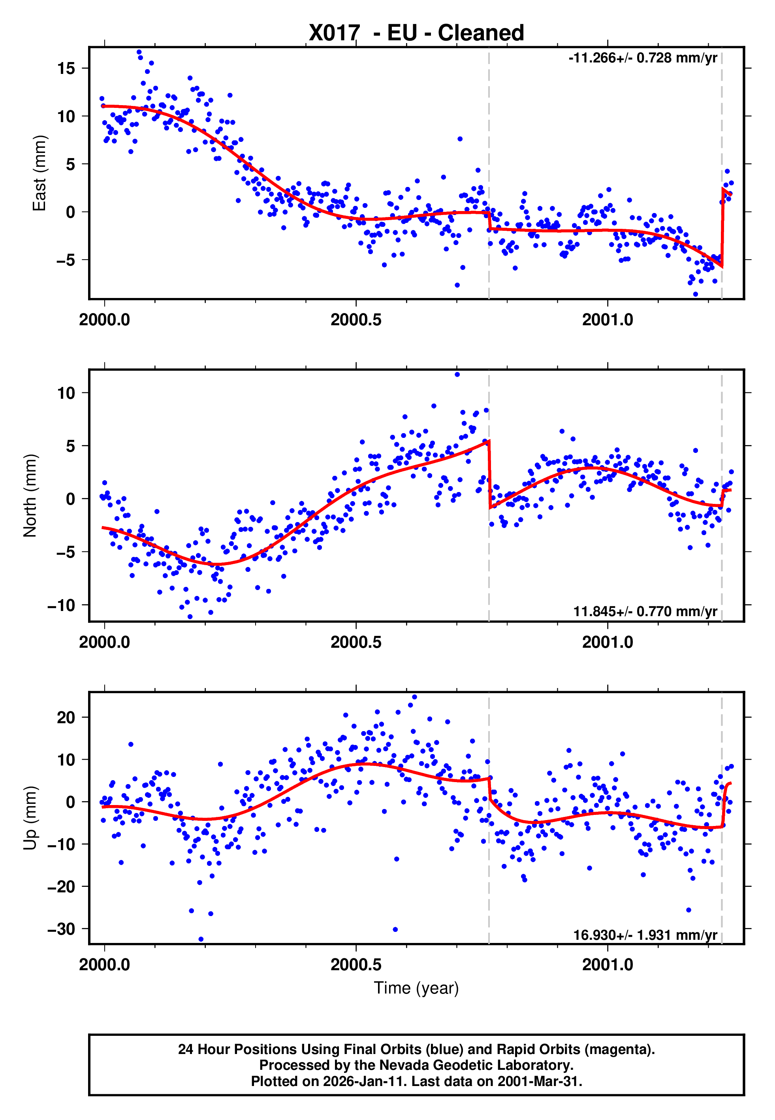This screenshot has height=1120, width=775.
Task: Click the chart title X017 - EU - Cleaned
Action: tap(416, 33)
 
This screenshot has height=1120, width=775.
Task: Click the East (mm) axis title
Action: tap(39, 173)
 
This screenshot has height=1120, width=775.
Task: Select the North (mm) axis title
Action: tap(30, 496)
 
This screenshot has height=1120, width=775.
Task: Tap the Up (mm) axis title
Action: tap(30, 818)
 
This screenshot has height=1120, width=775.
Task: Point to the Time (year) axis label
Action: tap(416, 988)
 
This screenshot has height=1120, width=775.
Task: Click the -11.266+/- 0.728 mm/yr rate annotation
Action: tap(642, 58)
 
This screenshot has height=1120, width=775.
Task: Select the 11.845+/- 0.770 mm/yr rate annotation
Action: tap(645, 611)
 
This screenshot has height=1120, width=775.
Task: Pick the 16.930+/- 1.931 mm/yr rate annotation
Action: tap(645, 935)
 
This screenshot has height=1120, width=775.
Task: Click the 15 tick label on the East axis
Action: tap(66, 68)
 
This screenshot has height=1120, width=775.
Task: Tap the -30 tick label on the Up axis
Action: tap(61, 929)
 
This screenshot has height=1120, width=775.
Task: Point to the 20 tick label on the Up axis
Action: tap(66, 717)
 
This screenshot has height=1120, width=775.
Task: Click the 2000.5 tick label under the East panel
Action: tap(356, 320)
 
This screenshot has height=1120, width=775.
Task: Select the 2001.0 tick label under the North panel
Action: tap(608, 642)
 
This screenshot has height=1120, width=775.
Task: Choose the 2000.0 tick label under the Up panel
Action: tap(104, 965)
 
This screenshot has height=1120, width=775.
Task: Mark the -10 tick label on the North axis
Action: tap(61, 605)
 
